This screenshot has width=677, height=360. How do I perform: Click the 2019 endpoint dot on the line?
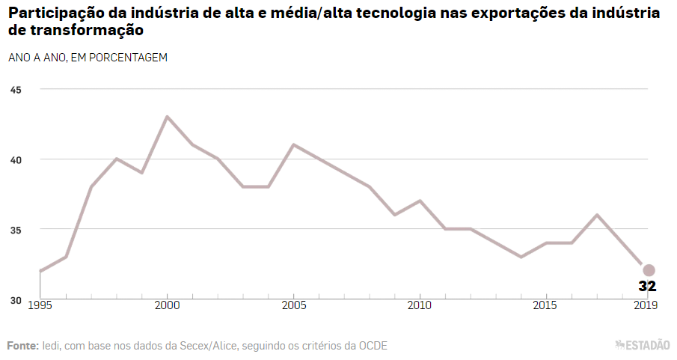[649, 270]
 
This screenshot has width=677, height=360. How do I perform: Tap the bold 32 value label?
[647, 286]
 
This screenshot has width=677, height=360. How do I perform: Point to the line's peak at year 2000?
[167, 117]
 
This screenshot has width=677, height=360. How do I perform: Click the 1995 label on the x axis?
[40, 306]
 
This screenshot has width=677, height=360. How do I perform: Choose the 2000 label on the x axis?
[167, 306]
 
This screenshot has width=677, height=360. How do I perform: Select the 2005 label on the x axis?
[293, 306]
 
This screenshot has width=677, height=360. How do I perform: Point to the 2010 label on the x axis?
[420, 306]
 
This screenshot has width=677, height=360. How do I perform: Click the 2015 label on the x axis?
[546, 306]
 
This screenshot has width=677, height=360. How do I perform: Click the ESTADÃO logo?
[643, 345]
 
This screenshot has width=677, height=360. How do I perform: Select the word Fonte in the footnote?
[22, 345]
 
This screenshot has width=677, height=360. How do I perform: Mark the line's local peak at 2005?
[293, 144]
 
